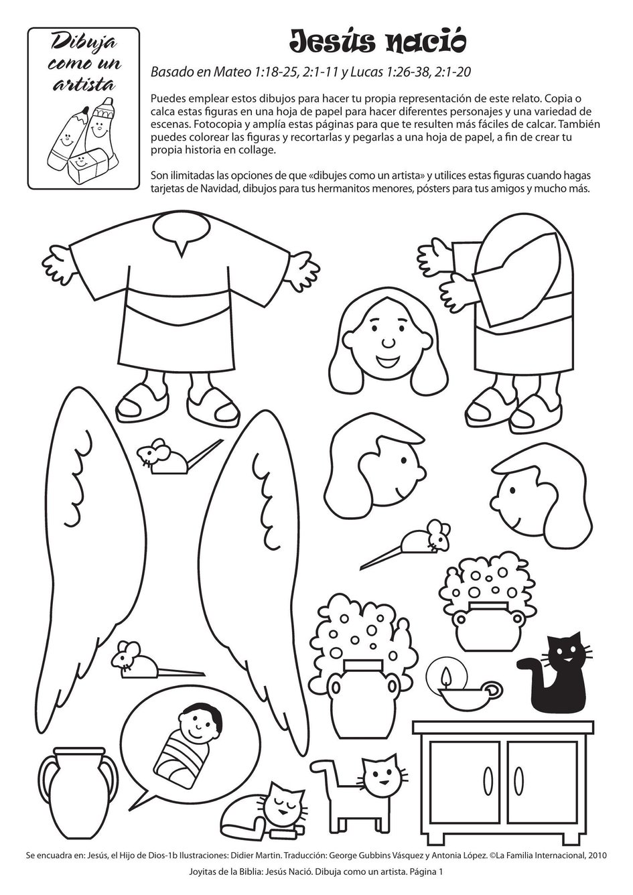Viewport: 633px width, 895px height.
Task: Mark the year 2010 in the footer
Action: point(598,855)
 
